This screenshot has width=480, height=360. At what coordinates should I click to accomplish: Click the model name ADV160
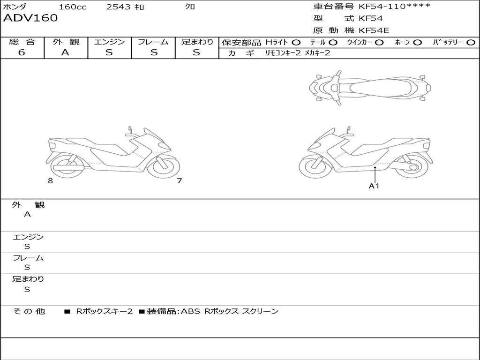coord(30,18)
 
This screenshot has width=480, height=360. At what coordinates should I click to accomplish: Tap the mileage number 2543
coord(119,7)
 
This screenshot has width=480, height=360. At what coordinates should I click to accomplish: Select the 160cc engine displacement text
coord(73,7)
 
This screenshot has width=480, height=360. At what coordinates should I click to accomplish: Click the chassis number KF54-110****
coord(394,6)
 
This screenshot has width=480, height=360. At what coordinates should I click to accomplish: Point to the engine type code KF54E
coord(374,30)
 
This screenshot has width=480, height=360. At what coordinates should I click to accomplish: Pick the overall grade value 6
coord(22,52)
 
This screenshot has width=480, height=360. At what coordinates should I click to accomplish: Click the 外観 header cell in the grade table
coord(66,42)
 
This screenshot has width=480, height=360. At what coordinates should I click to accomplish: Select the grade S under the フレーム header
coord(154,52)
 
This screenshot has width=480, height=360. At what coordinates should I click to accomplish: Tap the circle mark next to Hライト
coord(296,43)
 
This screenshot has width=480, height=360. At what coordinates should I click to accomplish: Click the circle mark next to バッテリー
coord(471,43)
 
